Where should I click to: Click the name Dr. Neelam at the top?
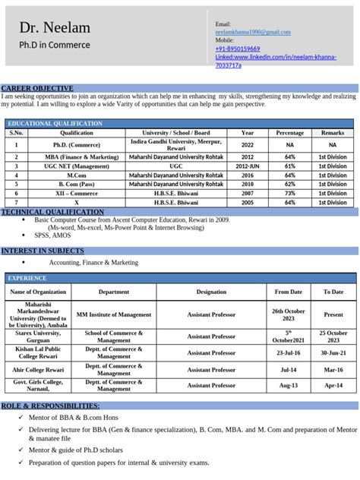(x=55, y=28)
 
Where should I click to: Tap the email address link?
(x=253, y=32)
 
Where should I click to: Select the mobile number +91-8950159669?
(x=237, y=49)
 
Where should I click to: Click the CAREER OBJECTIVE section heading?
(x=37, y=88)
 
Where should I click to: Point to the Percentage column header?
(x=289, y=133)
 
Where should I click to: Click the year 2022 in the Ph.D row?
(x=248, y=144)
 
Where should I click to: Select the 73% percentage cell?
(x=289, y=194)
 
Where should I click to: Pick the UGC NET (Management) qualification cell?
(x=77, y=166)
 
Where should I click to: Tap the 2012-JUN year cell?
(x=248, y=166)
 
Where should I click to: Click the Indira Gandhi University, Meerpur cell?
(x=176, y=144)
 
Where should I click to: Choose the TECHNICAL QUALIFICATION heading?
(x=52, y=212)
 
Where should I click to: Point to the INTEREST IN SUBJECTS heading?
(x=43, y=250)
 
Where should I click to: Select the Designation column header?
(x=211, y=292)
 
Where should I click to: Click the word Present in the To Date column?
(x=333, y=314)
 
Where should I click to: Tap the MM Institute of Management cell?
(x=114, y=314)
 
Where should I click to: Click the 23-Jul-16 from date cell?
(x=289, y=352)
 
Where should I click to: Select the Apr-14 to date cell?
(x=333, y=385)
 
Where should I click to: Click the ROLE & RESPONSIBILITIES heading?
(x=50, y=406)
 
